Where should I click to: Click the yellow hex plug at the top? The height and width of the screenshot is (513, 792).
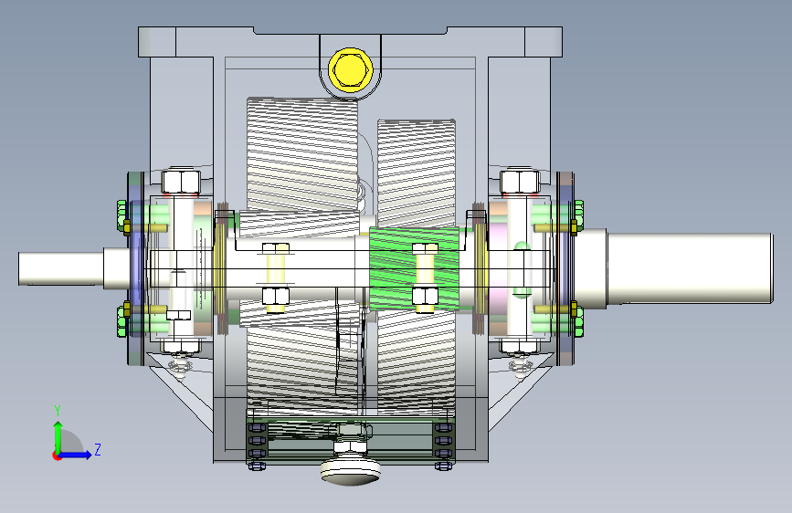pyautogui.click(x=351, y=69)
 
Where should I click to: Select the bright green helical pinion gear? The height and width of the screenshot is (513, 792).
pyautogui.click(x=414, y=267)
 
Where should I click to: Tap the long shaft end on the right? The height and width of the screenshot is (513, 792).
pyautogui.click(x=690, y=268)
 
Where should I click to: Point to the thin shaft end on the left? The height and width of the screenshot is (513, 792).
pyautogui.click(x=60, y=269)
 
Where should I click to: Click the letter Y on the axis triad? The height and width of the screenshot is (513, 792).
pyautogui.click(x=58, y=411)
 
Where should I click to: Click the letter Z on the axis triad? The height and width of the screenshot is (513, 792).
pyautogui.click(x=98, y=449)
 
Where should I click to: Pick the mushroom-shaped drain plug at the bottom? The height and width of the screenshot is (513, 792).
pyautogui.click(x=351, y=472)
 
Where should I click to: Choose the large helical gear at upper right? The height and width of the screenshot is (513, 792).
pyautogui.click(x=417, y=173)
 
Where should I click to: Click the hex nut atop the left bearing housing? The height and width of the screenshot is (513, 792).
pyautogui.click(x=181, y=182)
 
